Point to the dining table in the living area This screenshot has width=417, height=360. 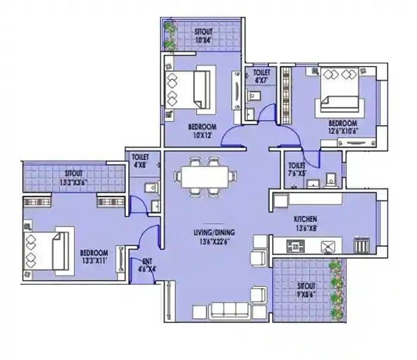click(203, 176)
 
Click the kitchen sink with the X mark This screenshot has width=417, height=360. click(328, 245)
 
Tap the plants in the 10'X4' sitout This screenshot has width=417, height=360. click(170, 36)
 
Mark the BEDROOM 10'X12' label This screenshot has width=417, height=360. click(202, 131)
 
